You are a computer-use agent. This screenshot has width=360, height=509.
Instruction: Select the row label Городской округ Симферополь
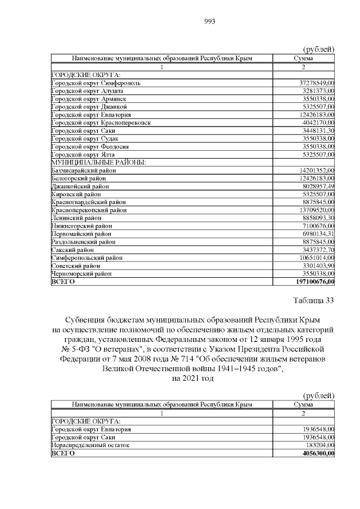click(x=96, y=83)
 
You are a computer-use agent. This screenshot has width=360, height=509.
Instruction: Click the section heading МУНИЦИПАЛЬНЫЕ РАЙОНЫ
click(x=98, y=162)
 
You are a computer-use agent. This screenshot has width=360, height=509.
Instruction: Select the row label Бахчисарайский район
click(x=83, y=170)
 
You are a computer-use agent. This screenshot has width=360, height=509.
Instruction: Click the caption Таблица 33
click(x=313, y=300)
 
